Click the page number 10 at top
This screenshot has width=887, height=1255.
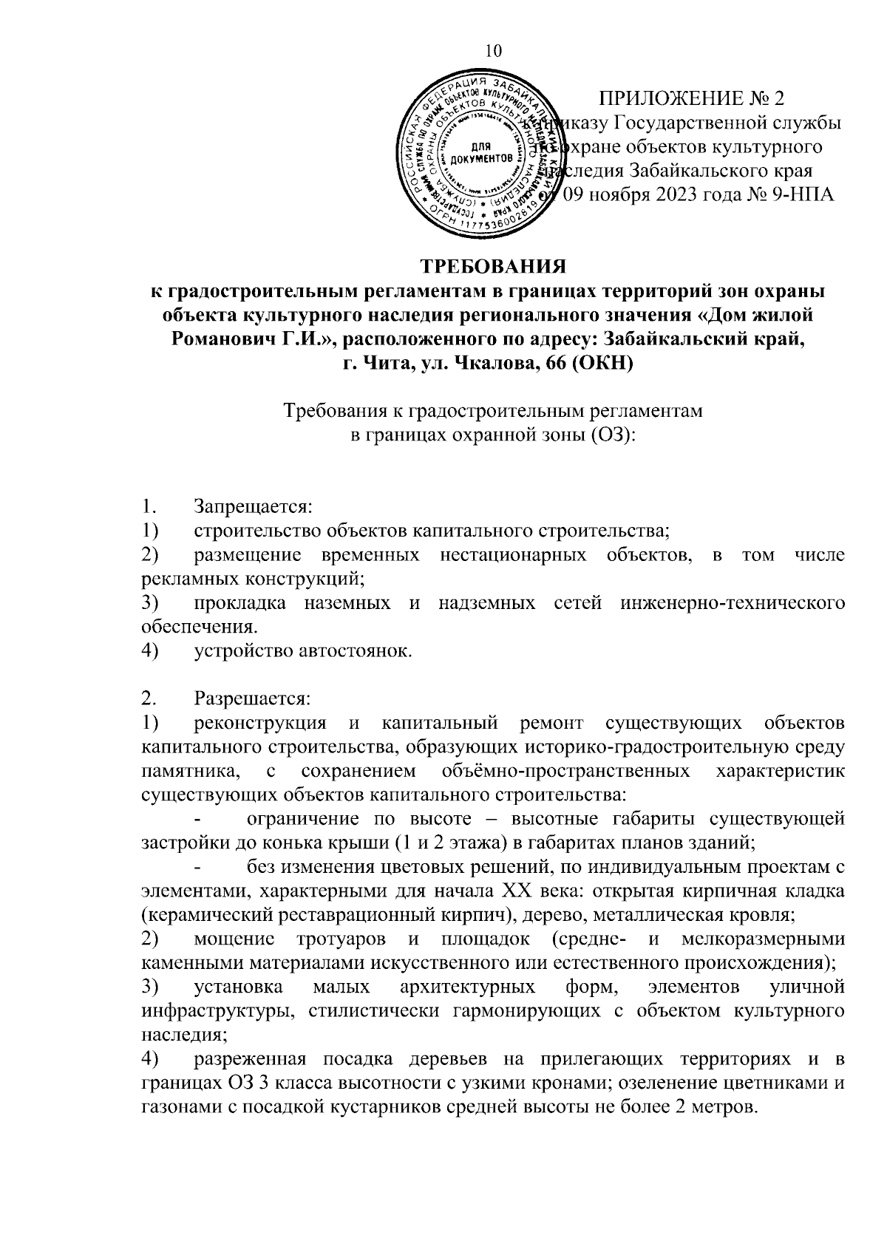(x=493, y=50)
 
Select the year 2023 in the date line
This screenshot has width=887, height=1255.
(x=673, y=194)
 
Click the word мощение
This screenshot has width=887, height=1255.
(x=235, y=939)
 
